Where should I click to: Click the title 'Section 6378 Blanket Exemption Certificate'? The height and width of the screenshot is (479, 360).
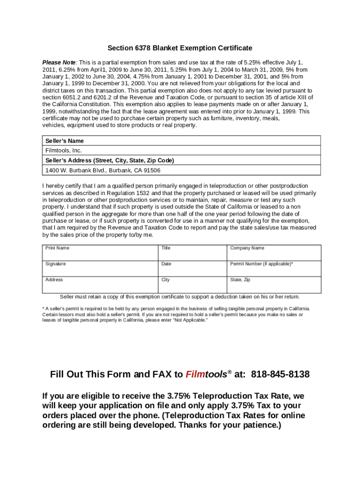[180, 48]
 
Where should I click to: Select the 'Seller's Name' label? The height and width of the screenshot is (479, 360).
[65, 141]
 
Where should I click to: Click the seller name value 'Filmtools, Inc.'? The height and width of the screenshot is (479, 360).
[64, 151]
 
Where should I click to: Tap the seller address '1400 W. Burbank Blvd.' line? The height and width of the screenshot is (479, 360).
[102, 170]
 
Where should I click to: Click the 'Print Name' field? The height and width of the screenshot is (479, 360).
[101, 253]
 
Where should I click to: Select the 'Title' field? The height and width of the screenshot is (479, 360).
[193, 253]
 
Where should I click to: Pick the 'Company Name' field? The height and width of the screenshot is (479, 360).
[274, 253]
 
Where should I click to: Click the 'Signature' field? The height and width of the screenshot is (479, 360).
[101, 269]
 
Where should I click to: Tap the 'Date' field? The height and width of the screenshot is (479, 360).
[193, 269]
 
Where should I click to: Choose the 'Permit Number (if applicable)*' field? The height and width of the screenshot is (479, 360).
[274, 269]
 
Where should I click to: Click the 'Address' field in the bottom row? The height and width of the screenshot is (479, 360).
[101, 285]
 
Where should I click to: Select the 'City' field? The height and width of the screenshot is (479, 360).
[193, 285]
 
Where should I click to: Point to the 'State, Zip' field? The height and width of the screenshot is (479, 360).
[274, 285]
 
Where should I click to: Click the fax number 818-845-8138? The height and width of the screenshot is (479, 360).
[280, 375]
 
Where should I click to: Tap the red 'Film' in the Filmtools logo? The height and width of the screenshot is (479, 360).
[194, 375]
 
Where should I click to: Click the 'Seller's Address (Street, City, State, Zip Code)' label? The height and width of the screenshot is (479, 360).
[109, 160]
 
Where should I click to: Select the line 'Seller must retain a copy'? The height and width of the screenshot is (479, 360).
[180, 297]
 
